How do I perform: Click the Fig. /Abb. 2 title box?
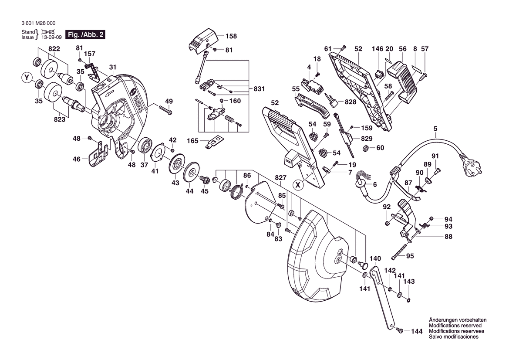coord(85,35)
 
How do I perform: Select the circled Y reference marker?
coord(27,78)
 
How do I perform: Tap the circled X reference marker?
coord(298,185)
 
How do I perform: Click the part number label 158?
coord(230,37)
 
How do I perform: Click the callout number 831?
coord(260,89)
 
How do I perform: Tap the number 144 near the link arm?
coord(417,332)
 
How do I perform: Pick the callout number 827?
coord(281,178)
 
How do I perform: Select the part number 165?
coord(192,141)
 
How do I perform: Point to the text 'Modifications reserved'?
coord(455,326)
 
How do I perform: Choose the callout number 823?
coord(60,119)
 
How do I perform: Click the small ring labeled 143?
coord(409,300)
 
